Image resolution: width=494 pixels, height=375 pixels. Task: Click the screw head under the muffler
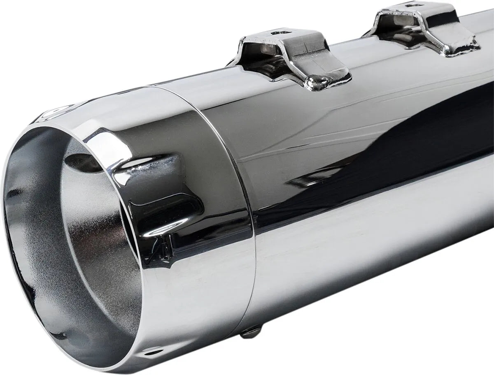pyautogui.click(x=251, y=331)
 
